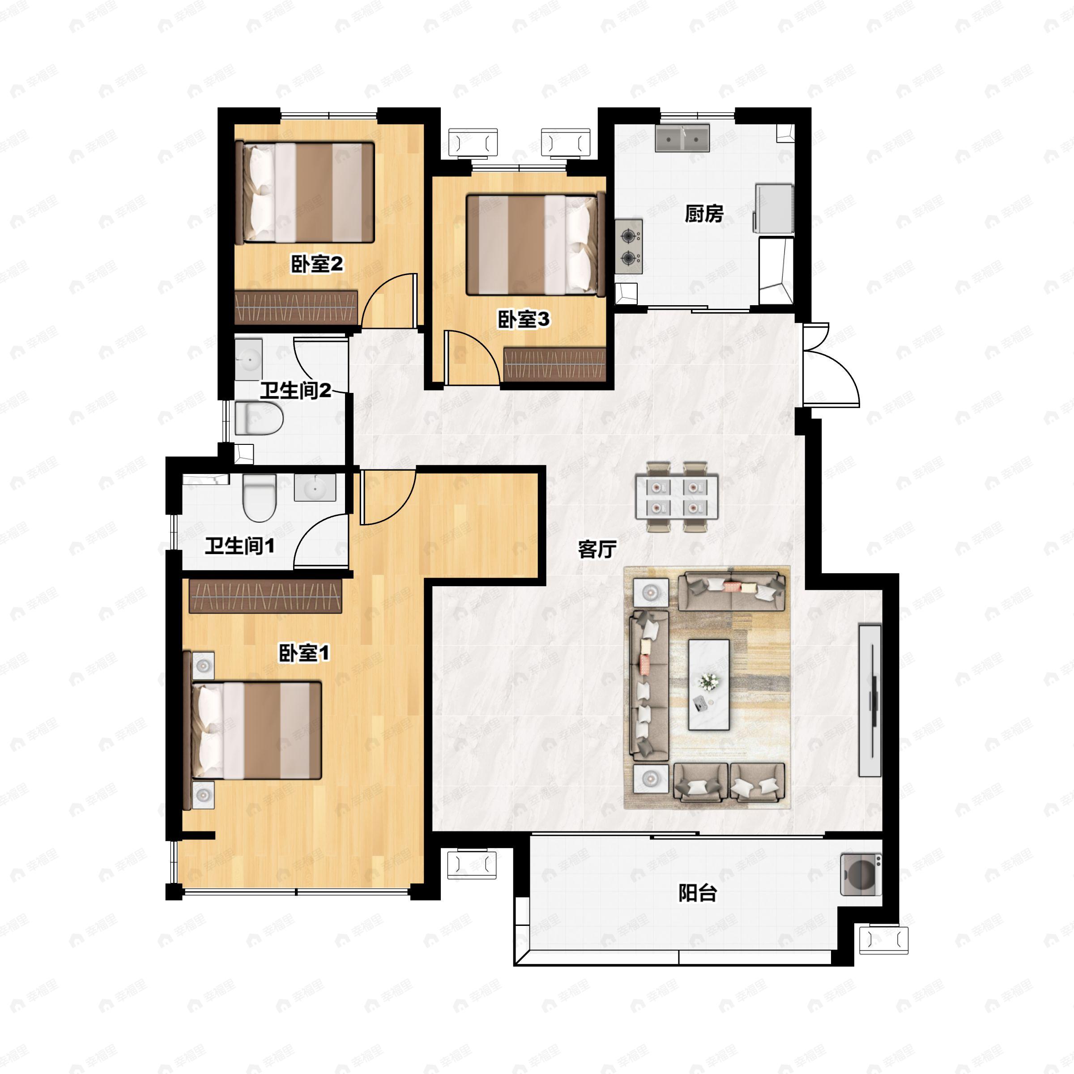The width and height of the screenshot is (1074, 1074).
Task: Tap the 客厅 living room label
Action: click(x=597, y=549)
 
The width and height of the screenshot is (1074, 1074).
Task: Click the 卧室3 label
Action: click(x=523, y=319)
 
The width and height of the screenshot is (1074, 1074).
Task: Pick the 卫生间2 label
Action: click(x=295, y=390)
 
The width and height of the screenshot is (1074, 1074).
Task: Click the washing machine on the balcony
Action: click(x=861, y=874)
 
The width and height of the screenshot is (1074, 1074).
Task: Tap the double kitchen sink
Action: click(x=682, y=138)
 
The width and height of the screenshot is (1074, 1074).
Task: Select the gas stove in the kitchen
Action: click(x=629, y=246)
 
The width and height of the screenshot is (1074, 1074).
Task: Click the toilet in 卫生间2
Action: click(x=259, y=418)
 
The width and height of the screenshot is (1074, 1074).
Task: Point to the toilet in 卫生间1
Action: click(x=260, y=498)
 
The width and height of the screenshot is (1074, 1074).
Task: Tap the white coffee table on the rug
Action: click(x=709, y=684)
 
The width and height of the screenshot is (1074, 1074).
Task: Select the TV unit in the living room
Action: click(x=870, y=700)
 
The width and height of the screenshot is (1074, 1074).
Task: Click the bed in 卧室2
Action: click(x=305, y=193)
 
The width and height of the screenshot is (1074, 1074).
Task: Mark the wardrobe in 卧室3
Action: click(x=554, y=365)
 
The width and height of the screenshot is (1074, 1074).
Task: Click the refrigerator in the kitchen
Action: click(x=773, y=208)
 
